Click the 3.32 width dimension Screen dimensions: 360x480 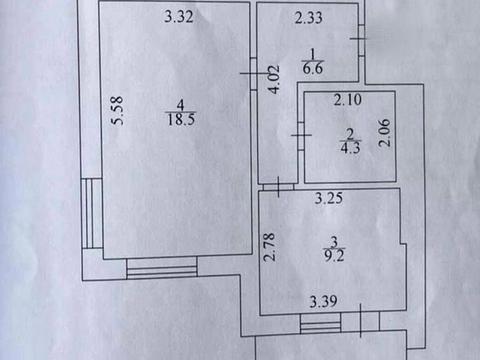point(178,15)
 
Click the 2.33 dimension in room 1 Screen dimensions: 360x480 point(308,17)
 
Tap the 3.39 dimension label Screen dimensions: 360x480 point(323,301)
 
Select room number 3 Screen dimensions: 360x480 point(334,240)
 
